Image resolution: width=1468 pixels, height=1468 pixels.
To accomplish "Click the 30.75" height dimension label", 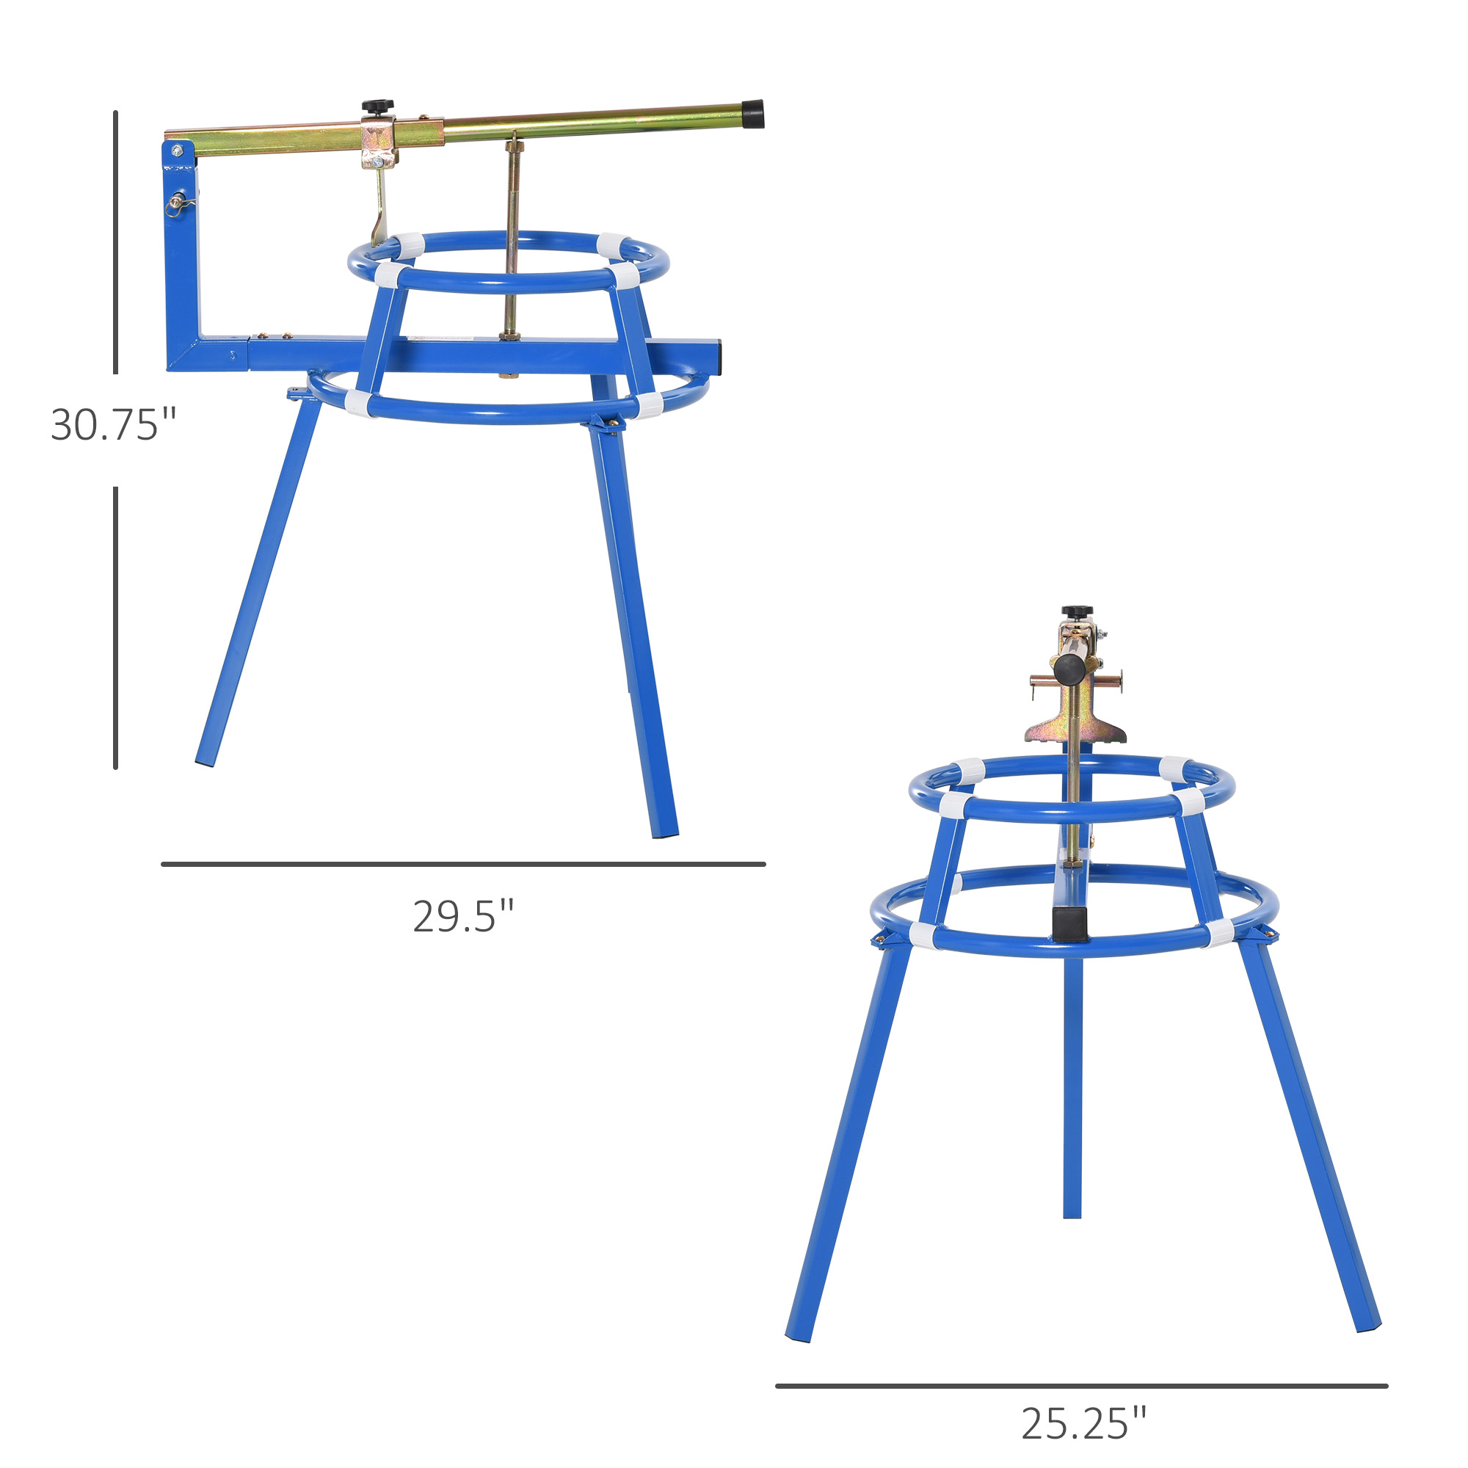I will coord(113,425).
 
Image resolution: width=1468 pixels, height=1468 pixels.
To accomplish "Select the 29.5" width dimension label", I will coord(462,916).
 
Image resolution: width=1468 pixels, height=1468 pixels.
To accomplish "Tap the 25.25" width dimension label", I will coord(1083,1424).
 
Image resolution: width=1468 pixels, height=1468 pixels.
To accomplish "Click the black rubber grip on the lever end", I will coord(753,114).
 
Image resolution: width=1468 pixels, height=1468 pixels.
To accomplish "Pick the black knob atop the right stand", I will coord(1076,611).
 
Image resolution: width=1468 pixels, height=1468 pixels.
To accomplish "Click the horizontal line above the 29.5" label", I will coord(462,864).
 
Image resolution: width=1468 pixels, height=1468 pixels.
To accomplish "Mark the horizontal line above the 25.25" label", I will coord(1081,1386).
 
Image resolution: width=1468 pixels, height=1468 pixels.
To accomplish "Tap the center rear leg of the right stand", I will coord(1072,1086).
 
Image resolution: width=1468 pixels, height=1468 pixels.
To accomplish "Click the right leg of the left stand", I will coord(633,631).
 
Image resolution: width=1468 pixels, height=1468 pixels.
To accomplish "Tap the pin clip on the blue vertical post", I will coord(179,203).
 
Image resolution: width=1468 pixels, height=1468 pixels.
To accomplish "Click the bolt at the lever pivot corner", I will coord(177,150).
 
